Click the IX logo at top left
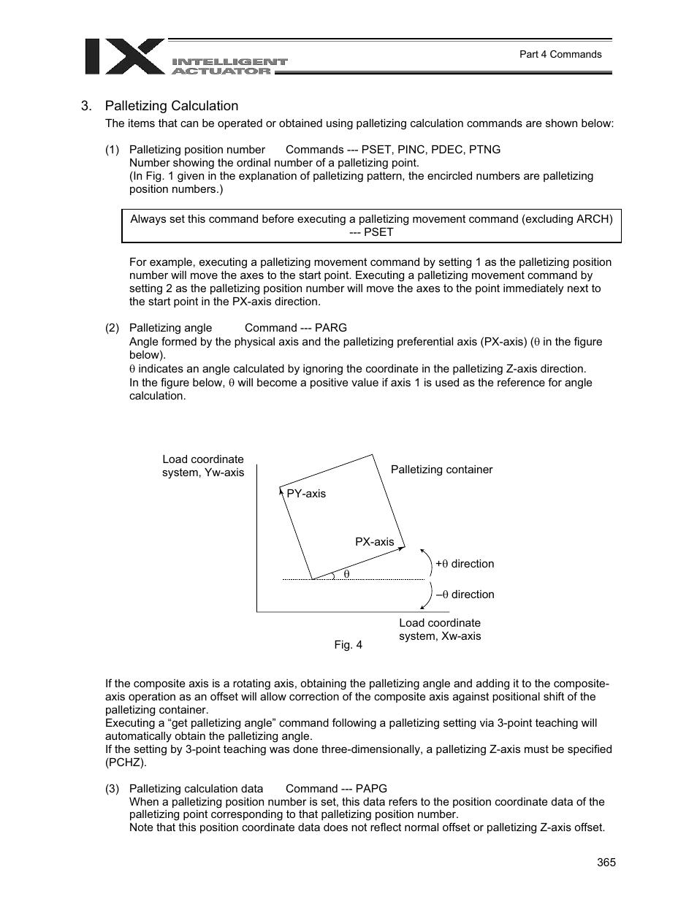[124, 56]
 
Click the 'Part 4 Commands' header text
[560, 54]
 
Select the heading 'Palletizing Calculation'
[171, 106]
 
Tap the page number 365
[606, 862]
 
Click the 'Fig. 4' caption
[348, 644]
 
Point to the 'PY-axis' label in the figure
[306, 494]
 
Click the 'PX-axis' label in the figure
[374, 542]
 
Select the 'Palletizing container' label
[441, 470]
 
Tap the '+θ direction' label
[465, 564]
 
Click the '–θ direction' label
[465, 595]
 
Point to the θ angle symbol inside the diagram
[346, 575]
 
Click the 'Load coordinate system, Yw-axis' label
[203, 466]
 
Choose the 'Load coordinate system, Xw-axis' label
[440, 630]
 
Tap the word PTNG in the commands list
[485, 150]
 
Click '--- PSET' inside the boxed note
[371, 232]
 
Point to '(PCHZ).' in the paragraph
[126, 763]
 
